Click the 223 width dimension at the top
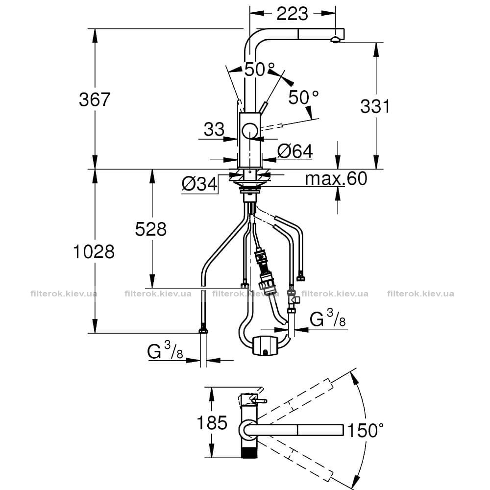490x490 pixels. [292, 13]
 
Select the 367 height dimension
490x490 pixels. [95, 99]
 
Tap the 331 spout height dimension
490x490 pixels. [375, 106]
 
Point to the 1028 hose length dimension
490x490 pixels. [94, 251]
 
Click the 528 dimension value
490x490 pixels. [150, 229]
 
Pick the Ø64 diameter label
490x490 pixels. [295, 151]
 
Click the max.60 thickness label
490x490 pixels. [336, 178]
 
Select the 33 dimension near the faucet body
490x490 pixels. [214, 129]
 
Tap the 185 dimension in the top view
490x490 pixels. [212, 423]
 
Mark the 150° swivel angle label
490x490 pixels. [366, 430]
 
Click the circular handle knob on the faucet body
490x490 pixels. [249, 131]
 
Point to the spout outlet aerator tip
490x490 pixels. [335, 39]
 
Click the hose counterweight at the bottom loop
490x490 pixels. [265, 345]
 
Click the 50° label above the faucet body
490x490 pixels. [259, 70]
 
